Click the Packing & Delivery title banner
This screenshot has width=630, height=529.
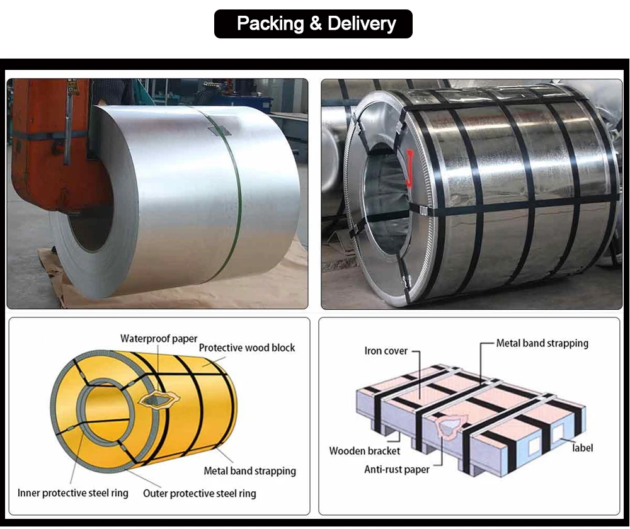click(x=313, y=24)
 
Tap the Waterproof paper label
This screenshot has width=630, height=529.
click(x=159, y=339)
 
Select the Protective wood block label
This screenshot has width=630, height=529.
click(x=247, y=348)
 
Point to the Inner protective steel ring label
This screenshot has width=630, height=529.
click(x=73, y=493)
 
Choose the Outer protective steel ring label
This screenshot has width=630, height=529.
click(x=200, y=493)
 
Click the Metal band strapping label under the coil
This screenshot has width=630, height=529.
click(x=249, y=470)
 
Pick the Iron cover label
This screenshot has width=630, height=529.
click(x=386, y=351)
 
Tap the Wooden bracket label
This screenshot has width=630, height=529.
click(x=365, y=451)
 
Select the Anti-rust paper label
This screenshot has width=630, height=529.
click(x=397, y=469)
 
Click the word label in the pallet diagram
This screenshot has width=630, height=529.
click(x=582, y=448)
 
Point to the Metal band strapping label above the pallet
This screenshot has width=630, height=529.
click(x=542, y=343)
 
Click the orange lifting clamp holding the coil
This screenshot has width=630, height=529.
click(x=50, y=145)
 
